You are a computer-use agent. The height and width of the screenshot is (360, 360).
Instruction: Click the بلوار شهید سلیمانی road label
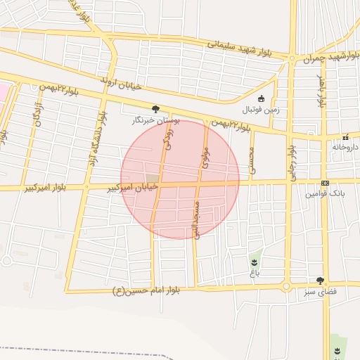(239, 48)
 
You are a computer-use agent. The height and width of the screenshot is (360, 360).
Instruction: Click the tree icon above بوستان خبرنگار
(155, 109)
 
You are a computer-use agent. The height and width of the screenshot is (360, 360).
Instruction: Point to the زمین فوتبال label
(261, 110)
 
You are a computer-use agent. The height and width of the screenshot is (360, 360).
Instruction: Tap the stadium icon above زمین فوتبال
(262, 98)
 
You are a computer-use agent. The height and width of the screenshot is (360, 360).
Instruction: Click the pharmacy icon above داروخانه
(345, 137)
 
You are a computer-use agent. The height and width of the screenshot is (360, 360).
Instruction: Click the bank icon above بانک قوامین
(324, 183)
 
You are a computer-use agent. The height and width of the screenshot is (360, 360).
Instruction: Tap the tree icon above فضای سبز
(320, 280)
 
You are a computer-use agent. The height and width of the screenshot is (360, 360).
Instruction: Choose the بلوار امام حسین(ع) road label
(147, 291)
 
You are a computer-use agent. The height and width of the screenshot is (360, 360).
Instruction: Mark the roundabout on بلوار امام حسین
(286, 286)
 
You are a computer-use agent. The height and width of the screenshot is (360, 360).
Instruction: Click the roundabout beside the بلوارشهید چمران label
(292, 58)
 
